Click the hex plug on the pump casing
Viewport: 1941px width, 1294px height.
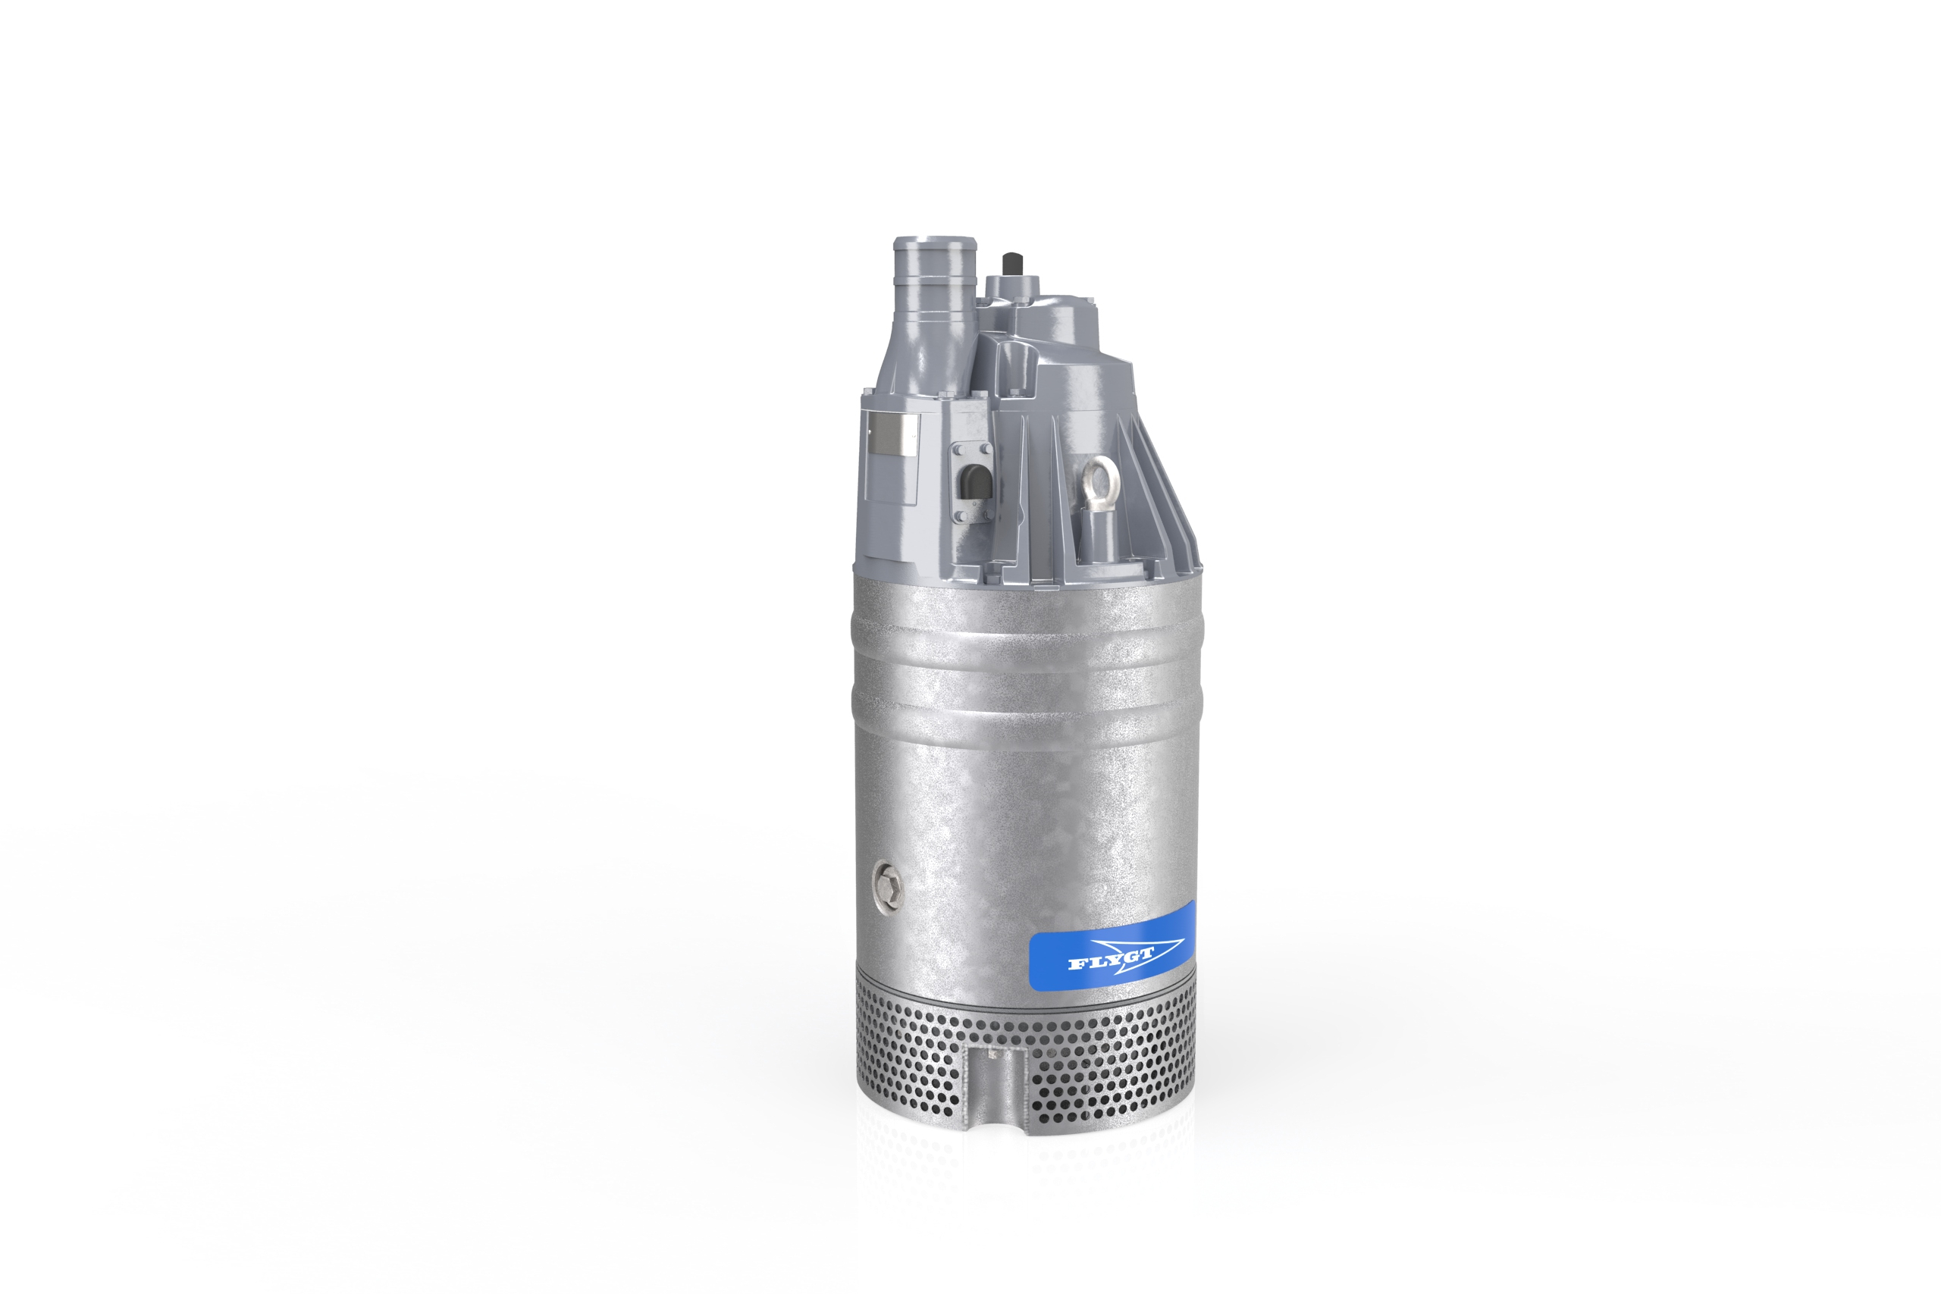pos(887,890)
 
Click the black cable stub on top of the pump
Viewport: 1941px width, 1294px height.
pos(1009,266)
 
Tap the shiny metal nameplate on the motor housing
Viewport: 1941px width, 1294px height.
pos(895,436)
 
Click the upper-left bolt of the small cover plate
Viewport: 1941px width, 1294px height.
pos(960,450)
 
